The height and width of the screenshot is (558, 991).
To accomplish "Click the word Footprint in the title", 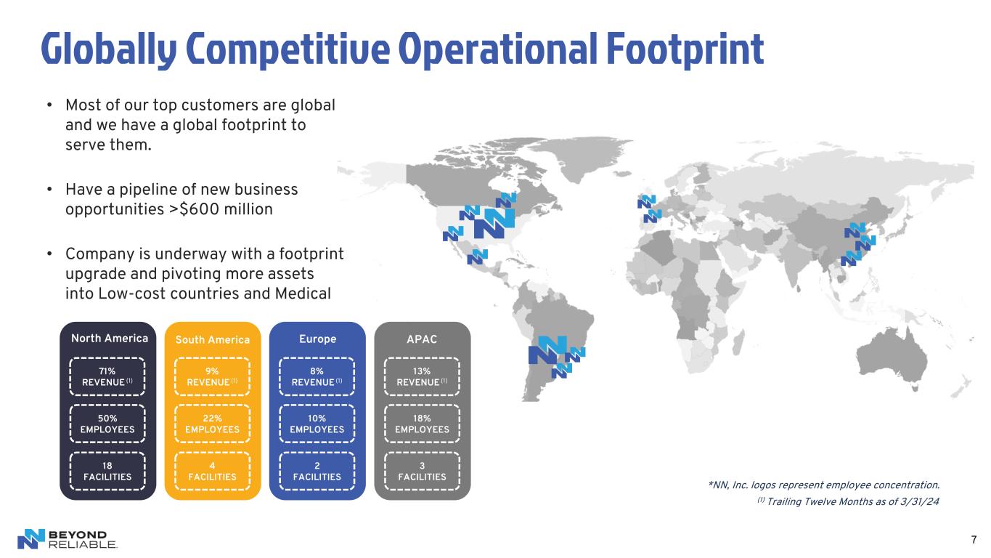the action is coord(685,50).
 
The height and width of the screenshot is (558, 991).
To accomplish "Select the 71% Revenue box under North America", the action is coord(107,376).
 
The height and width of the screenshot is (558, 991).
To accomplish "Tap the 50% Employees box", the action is coord(107,424).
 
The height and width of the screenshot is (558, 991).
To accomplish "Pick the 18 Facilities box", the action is coord(107,472).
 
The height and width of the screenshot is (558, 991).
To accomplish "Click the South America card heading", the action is coord(212,340).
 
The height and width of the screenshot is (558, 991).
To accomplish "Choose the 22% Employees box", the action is coord(212,424).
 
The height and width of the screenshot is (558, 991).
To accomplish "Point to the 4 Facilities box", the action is coord(212,472).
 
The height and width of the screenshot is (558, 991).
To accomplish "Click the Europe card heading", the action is coord(317,339).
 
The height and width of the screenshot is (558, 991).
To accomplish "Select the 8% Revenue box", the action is coord(317,376).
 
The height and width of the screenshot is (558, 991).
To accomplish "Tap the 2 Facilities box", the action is coord(317,472).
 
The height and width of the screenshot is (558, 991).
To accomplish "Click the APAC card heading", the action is coord(422,339).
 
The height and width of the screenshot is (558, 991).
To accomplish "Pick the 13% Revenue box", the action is coord(422,376).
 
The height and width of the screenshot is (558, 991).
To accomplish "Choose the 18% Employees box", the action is coord(422,424).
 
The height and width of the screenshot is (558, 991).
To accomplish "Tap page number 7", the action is coord(974,540).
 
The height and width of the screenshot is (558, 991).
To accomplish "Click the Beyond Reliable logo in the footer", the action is coord(68,539).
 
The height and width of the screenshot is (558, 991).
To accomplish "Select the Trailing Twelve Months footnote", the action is coord(848,501).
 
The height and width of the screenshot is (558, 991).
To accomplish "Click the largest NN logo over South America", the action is coord(547,350).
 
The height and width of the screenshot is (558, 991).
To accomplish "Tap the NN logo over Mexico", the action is coord(478,256).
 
